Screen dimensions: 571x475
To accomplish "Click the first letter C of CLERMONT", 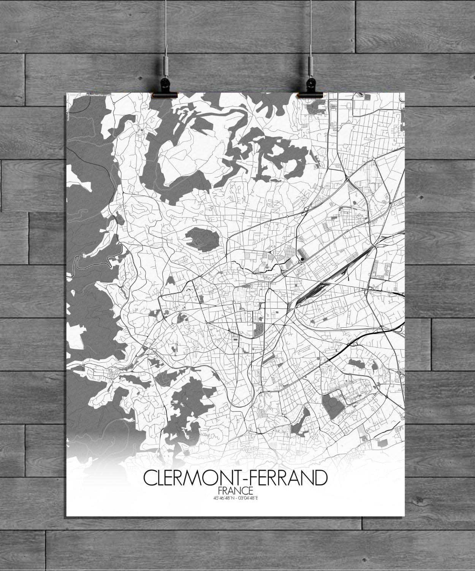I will (x=149, y=478).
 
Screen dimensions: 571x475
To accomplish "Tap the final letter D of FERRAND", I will (x=320, y=478).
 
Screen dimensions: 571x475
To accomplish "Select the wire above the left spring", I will (x=166, y=27).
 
